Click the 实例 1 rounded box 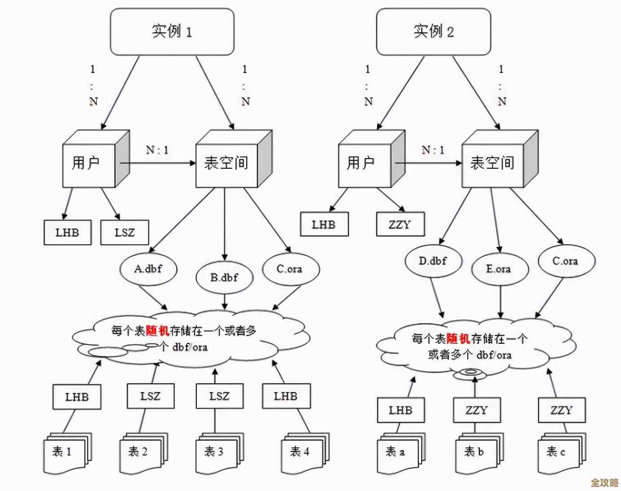click(x=172, y=32)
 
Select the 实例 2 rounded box click(x=433, y=32)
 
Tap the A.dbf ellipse click(x=148, y=269)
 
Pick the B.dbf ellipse click(x=224, y=277)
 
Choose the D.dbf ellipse click(x=433, y=261)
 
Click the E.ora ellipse click(x=499, y=269)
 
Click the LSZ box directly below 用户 click(x=124, y=232)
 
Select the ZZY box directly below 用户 click(x=400, y=224)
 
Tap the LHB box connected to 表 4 click(x=286, y=396)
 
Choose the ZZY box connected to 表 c click(x=562, y=410)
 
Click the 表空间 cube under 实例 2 click(x=493, y=163)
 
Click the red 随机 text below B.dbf click(x=157, y=331)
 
